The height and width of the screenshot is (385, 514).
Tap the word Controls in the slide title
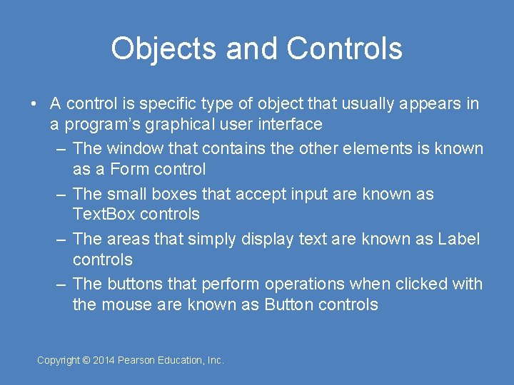(x=344, y=48)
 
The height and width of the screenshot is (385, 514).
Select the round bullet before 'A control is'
(x=34, y=104)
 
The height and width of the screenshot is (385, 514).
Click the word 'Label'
(x=458, y=239)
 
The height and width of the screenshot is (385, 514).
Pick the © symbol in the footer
(x=86, y=361)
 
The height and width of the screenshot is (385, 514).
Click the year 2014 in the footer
(x=104, y=361)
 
